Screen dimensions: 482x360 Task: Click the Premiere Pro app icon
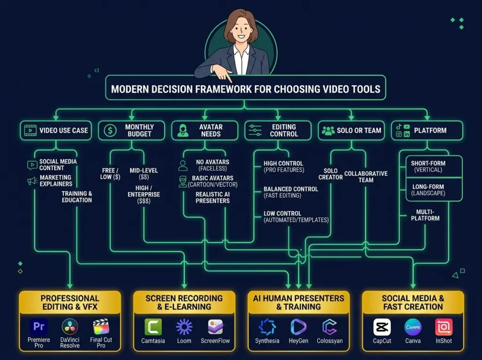coord(39,327)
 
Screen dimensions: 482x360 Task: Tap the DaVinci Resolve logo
coord(70,327)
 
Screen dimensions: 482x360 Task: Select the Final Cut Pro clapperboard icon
coord(101,327)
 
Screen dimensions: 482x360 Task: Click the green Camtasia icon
coord(153,327)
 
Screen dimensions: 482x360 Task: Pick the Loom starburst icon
coord(184,327)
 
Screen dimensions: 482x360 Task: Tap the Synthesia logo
coord(267,327)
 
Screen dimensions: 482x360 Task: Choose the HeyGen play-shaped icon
coord(298,327)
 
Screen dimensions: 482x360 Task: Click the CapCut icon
coord(382,327)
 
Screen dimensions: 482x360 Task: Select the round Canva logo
coord(413,327)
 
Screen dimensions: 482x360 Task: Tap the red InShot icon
coord(443,327)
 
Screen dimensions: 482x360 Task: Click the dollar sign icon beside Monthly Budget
coord(110,130)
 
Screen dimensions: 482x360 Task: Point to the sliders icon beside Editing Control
coord(255,130)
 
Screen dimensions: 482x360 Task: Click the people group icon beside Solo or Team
coord(328,131)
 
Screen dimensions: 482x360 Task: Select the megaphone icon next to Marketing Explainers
coord(32,181)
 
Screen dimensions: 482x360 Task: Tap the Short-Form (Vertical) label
coord(428,166)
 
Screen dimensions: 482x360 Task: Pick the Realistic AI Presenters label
coord(212,197)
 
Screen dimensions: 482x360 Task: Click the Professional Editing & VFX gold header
coord(70,303)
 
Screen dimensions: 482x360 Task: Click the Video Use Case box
coord(56,130)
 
